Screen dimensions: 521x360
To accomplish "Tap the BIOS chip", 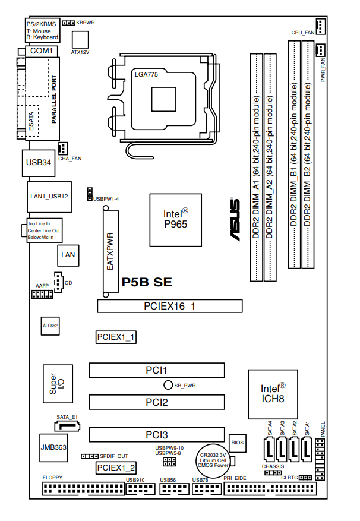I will (x=238, y=442).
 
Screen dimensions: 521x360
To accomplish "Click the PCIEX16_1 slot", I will (x=170, y=306).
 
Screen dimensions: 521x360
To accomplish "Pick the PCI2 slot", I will (x=157, y=402).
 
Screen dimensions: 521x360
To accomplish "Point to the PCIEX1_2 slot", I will (x=116, y=468).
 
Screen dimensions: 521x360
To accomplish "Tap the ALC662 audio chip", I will (x=50, y=326).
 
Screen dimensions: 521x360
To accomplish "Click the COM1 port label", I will (x=42, y=52).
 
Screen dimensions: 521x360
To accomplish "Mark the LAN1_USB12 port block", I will (x=49, y=196).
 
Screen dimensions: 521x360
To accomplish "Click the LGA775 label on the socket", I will (x=147, y=74).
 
